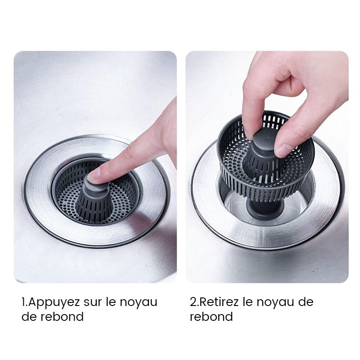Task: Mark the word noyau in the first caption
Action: point(139,302)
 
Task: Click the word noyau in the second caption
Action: point(277,302)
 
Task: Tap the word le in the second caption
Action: point(248,302)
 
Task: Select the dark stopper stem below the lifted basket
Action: point(265,211)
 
